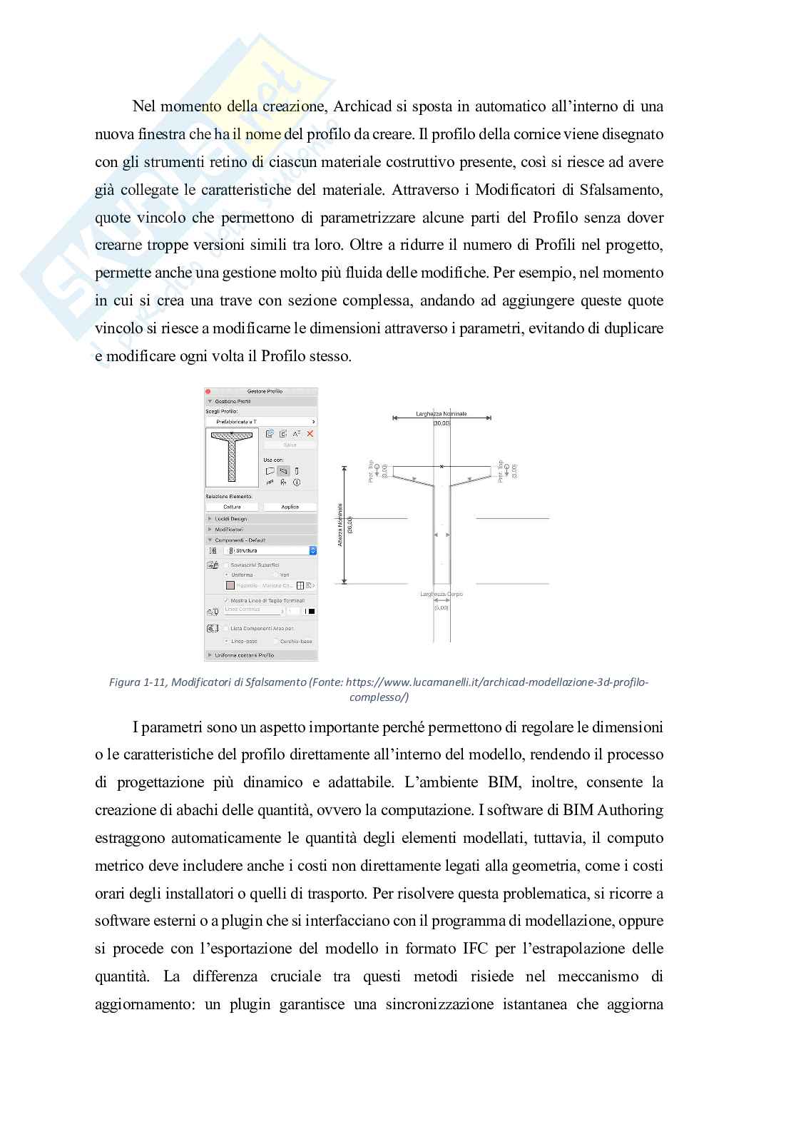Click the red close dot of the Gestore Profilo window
tap(208, 391)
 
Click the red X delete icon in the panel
tap(310, 434)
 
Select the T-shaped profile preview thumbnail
tap(233, 457)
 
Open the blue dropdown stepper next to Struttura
tap(313, 550)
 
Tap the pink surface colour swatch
tap(230, 585)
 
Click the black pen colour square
tap(312, 611)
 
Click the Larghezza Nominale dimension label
tap(441, 414)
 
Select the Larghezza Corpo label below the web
tap(442, 594)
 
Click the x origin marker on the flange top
tap(442, 466)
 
